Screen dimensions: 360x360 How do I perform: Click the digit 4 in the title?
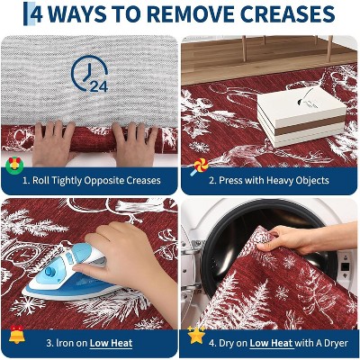coord(37,14)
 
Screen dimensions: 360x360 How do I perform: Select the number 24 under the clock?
coord(99,86)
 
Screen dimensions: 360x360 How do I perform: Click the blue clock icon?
coord(89,73)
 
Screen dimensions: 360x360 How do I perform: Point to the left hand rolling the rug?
coord(53,143)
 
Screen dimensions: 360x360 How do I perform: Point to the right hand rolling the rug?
coord(134,143)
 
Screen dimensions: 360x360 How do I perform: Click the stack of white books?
coord(301,117)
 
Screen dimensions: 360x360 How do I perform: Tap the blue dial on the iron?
coord(50,272)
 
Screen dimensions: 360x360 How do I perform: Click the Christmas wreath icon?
coord(14,165)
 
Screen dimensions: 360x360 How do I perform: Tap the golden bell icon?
coord(17,334)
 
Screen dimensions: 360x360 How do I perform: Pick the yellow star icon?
coord(196,335)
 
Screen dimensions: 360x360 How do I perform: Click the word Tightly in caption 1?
coord(67,181)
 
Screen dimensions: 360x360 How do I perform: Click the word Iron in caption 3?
coord(61,343)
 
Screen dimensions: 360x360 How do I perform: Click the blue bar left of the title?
coord(25,13)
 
